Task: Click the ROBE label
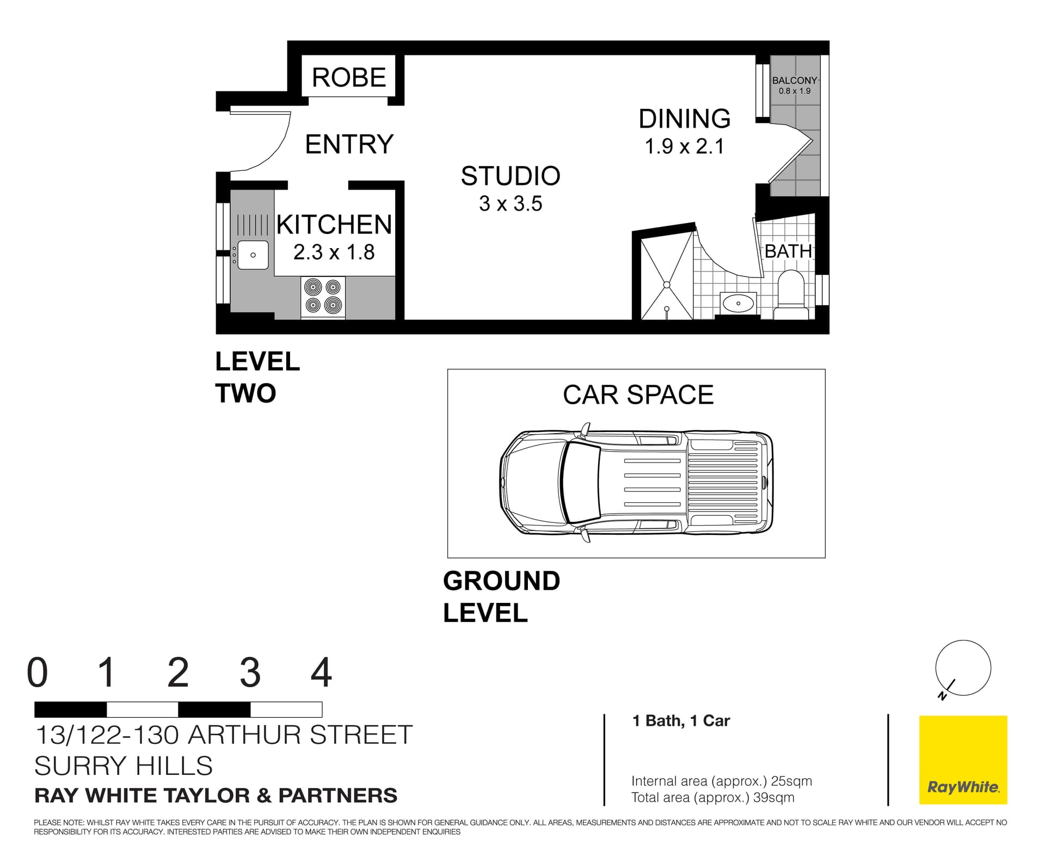click(348, 77)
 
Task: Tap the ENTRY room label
click(349, 144)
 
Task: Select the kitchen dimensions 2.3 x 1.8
click(334, 252)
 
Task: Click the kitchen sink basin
click(253, 255)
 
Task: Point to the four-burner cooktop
click(323, 296)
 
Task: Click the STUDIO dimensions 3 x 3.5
click(510, 204)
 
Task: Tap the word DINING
click(684, 119)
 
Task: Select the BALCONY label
click(794, 81)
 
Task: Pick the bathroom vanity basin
click(739, 303)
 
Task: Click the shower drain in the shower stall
click(667, 284)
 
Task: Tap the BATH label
click(788, 251)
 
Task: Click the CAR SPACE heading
click(638, 395)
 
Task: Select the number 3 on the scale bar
click(250, 673)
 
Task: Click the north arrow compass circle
click(963, 668)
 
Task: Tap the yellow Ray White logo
click(963, 760)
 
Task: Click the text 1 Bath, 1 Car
click(680, 721)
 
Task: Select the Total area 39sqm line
click(712, 798)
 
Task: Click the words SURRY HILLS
click(124, 766)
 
